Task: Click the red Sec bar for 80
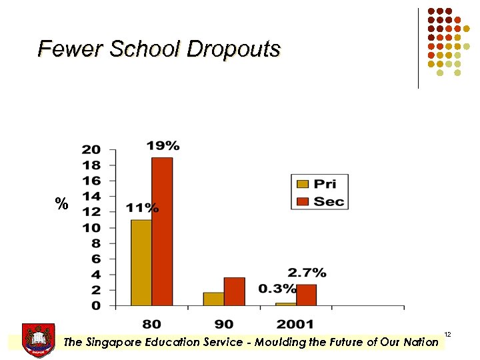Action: [162, 231]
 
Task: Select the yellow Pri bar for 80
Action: [141, 263]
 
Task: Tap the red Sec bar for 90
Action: [234, 291]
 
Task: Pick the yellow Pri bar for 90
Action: [213, 299]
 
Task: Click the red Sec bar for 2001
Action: [306, 295]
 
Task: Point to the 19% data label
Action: [163, 145]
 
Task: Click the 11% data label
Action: [142, 208]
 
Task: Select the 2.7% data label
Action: [307, 273]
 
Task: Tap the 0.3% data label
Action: [277, 289]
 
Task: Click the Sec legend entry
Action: [319, 201]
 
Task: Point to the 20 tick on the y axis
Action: [91, 149]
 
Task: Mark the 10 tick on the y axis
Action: [91, 227]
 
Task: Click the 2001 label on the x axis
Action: [295, 324]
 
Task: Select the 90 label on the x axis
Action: [224, 324]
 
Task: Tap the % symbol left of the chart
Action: [62, 205]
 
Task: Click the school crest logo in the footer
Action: [38, 339]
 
